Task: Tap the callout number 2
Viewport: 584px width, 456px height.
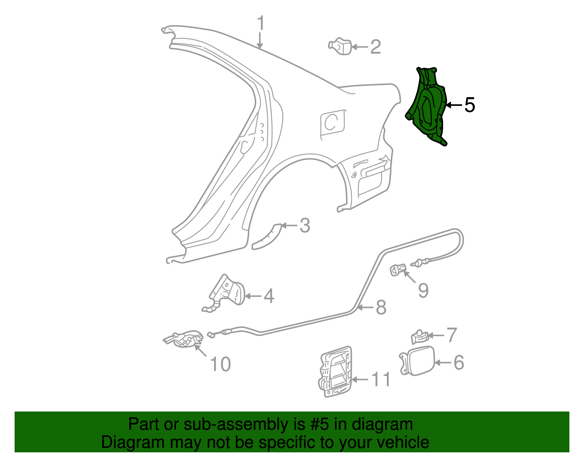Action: [x=376, y=47]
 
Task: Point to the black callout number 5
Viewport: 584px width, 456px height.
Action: [x=469, y=105]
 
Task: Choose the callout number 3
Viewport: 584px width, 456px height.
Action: [x=305, y=226]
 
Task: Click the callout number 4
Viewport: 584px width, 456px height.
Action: [x=269, y=296]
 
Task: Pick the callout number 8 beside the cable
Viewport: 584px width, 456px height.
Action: [x=381, y=307]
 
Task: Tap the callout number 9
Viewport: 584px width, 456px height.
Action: [x=423, y=291]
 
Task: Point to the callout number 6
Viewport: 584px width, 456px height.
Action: [x=458, y=363]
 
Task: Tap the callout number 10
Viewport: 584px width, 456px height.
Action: [x=220, y=364]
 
